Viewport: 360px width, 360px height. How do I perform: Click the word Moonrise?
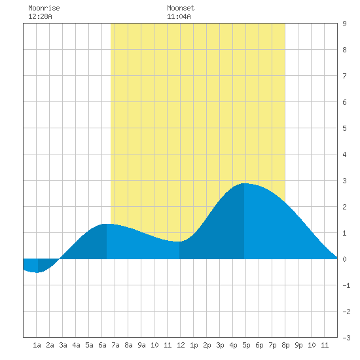coord(44,8)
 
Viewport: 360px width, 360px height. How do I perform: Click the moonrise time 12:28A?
coord(40,16)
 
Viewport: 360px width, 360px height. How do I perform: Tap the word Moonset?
coord(181,8)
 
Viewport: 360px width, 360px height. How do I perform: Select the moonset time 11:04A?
coord(179,16)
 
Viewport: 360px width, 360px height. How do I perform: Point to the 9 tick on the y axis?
coord(344,24)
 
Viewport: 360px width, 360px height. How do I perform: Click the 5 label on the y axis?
coord(344,128)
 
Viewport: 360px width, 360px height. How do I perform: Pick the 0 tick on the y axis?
coord(344,259)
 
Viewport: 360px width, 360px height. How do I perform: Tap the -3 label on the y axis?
coord(346,338)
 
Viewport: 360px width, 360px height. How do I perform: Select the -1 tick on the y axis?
coord(346,285)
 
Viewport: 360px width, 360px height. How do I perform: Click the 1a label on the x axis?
coord(37,345)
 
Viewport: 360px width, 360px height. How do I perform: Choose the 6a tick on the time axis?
coord(102,345)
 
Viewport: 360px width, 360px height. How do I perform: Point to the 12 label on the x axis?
coord(181,345)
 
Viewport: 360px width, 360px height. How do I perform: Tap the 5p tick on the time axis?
coord(246,345)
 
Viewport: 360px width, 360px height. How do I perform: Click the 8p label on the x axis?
coord(285,345)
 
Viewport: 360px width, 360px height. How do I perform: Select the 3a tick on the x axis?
coord(63,345)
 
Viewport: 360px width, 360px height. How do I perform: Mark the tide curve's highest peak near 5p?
coord(244,183)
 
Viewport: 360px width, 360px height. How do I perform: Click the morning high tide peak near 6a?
coord(107,224)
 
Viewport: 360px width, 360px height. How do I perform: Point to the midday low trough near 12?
coord(179,242)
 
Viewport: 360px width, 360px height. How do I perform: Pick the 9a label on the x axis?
coord(141,345)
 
